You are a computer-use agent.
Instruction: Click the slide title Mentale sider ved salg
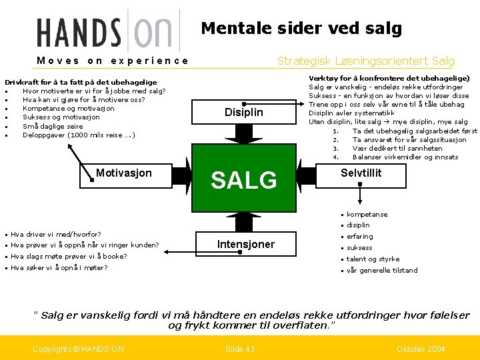[x=301, y=28]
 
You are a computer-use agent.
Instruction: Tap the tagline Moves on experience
[x=113, y=61]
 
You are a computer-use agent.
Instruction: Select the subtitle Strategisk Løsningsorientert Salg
[x=365, y=61]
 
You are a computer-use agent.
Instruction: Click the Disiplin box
[x=243, y=112]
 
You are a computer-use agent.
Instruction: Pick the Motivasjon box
[x=123, y=173]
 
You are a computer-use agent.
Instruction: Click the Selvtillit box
[x=361, y=173]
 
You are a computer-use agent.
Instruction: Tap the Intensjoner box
[x=245, y=244]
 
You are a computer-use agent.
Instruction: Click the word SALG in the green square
[x=243, y=180]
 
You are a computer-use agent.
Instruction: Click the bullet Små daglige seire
[x=53, y=126]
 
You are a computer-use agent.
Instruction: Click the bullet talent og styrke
[x=373, y=259]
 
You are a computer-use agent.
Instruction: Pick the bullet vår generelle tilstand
[x=382, y=271]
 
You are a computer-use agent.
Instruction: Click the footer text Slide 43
[x=239, y=349]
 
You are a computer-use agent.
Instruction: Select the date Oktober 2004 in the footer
[x=420, y=349]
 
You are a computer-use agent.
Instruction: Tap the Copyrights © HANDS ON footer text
[x=79, y=349]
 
